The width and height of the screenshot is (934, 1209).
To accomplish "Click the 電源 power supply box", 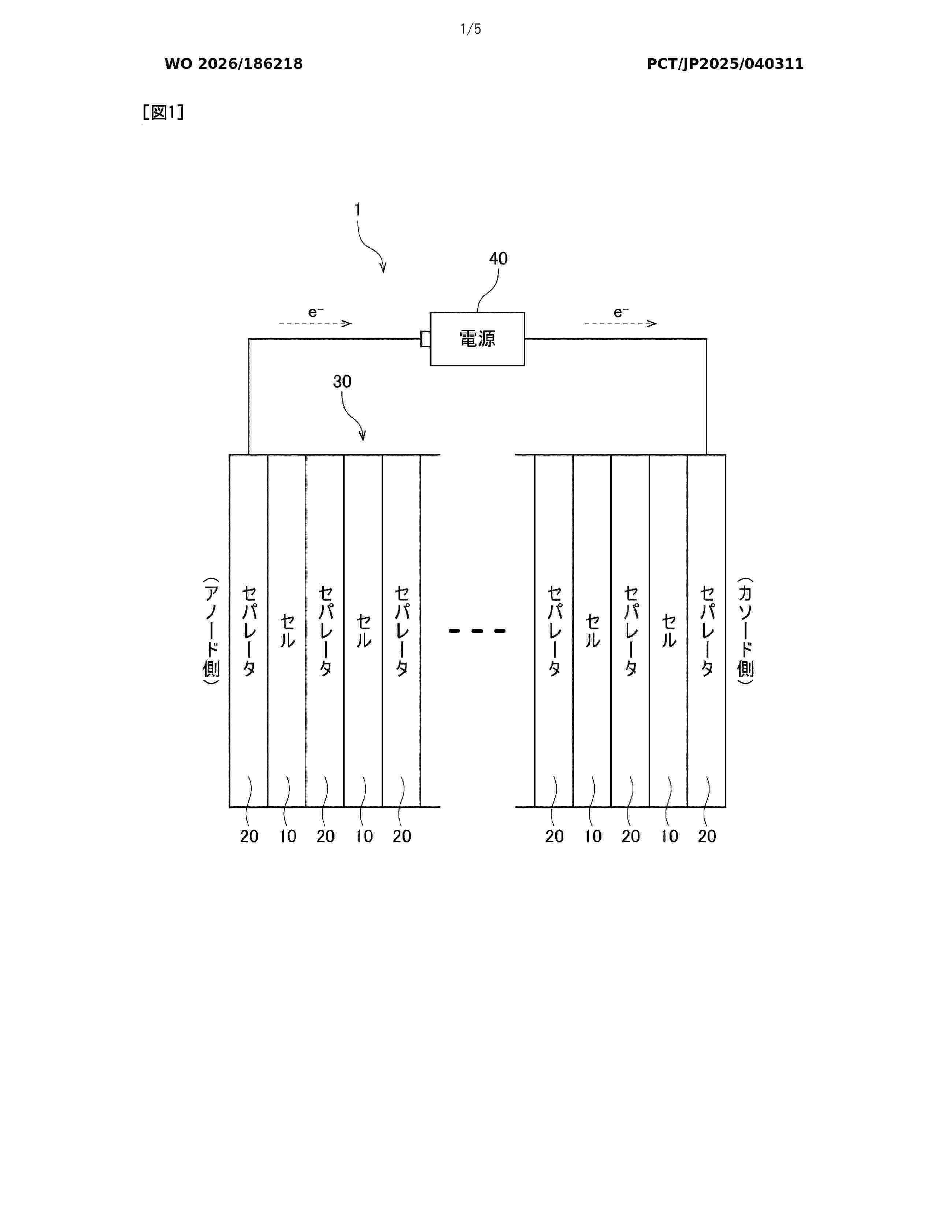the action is tap(477, 339).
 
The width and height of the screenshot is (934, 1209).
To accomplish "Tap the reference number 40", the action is tap(498, 259).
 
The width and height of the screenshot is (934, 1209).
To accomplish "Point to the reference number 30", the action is tap(342, 381).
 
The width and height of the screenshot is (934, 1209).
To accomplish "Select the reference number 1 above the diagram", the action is tap(357, 210).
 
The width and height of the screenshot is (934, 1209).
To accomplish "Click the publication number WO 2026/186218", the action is tap(234, 64).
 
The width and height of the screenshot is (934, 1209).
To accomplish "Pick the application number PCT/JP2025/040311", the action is tap(725, 64).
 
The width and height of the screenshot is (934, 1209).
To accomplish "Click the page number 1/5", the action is tap(471, 29).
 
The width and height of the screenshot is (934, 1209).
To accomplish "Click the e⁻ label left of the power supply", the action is tap(315, 312).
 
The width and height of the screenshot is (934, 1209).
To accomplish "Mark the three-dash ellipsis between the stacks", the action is tap(477, 631).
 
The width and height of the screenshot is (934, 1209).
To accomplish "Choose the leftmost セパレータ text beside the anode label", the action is tap(249, 631).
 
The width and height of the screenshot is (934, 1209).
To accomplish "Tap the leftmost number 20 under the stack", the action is tap(249, 836).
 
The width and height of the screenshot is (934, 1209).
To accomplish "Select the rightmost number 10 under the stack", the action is tap(669, 836).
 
